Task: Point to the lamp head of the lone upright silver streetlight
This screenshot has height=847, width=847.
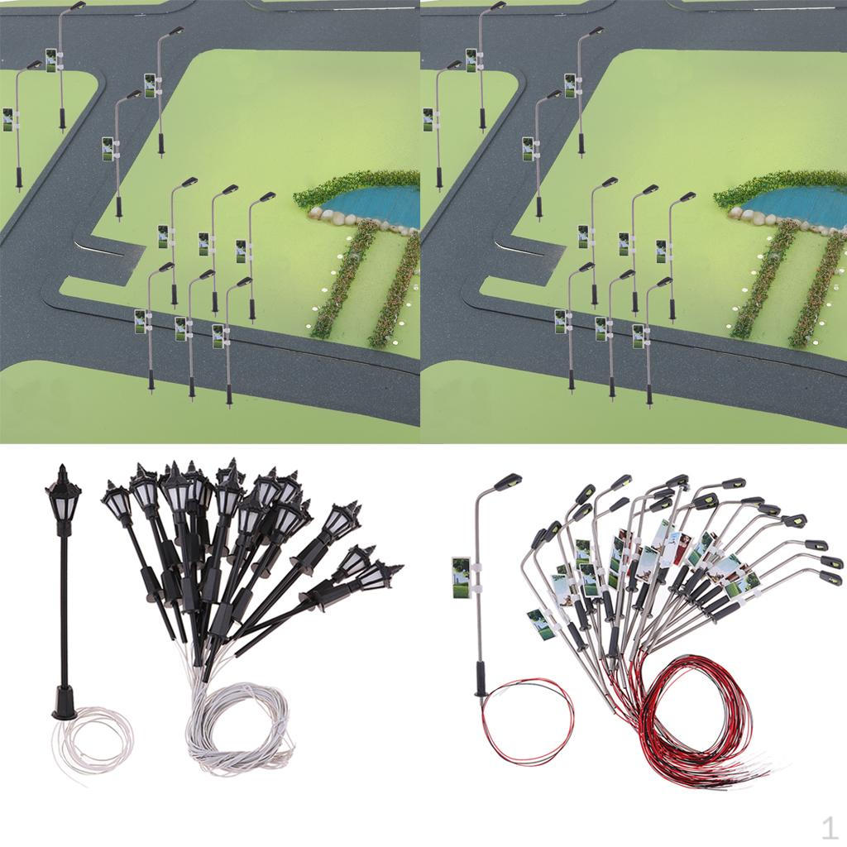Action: pyautogui.click(x=506, y=481)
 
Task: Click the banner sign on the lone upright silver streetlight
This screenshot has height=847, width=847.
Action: pyautogui.click(x=460, y=576)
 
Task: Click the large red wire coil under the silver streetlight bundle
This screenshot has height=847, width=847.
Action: pyautogui.click(x=703, y=728)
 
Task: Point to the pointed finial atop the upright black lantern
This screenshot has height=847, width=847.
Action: pyautogui.click(x=62, y=471)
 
